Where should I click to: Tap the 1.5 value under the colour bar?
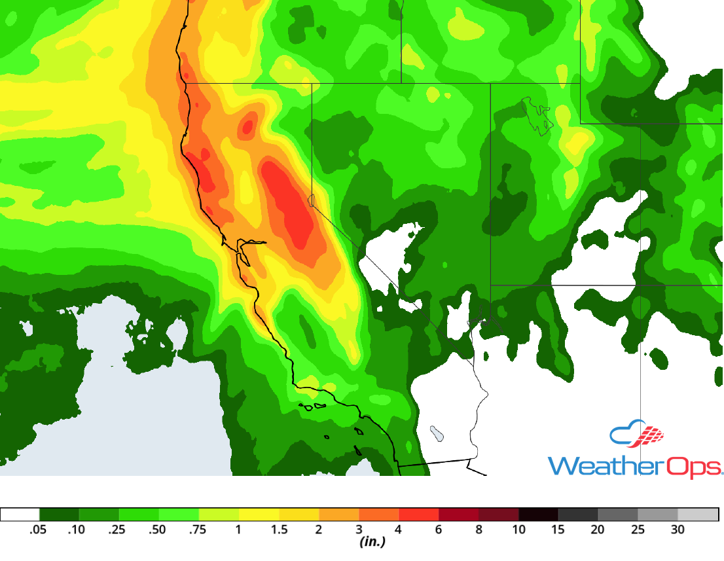click(x=280, y=530)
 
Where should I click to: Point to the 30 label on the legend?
click(x=678, y=530)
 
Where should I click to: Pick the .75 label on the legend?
click(x=198, y=530)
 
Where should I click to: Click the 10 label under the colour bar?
click(x=518, y=530)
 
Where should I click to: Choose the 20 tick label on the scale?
click(x=598, y=530)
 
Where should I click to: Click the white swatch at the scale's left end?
click(x=20, y=515)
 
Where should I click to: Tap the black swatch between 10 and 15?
click(x=538, y=515)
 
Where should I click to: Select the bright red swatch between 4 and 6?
click(x=419, y=515)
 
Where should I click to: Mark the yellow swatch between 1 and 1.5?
click(x=259, y=515)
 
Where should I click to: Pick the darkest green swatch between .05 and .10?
click(x=60, y=515)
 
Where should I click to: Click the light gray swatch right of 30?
click(x=698, y=515)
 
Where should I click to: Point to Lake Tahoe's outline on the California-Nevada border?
click(x=312, y=200)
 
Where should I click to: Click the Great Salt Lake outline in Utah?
click(x=537, y=115)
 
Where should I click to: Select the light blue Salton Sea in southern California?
click(x=436, y=433)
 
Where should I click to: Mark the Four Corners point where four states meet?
click(x=640, y=285)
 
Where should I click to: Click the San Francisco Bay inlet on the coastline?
click(x=244, y=251)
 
